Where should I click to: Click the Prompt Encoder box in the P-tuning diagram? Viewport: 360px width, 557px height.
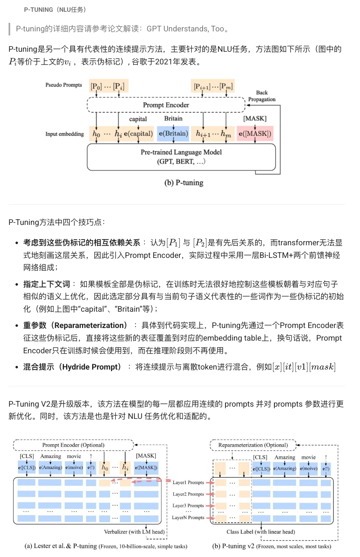166,105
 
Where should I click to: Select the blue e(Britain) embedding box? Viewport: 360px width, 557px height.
173,133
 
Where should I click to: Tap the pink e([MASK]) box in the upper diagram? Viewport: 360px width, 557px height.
254,133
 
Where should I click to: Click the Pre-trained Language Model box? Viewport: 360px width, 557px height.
181,156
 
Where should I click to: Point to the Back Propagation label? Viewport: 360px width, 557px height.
262,96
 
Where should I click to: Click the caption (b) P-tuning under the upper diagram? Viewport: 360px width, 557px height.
183,183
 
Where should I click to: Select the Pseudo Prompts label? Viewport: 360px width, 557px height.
64,85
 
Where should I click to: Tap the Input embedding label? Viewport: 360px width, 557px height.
64,134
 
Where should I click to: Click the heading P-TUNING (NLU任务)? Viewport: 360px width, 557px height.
55,9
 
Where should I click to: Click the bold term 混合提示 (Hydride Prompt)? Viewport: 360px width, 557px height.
73,367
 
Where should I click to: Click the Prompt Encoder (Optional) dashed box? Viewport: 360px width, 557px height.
73,445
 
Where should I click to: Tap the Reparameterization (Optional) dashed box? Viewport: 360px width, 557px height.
253,445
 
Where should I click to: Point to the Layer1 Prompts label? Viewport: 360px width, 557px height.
188,482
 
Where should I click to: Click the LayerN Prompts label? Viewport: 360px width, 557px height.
188,517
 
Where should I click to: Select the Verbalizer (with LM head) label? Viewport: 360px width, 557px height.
135,532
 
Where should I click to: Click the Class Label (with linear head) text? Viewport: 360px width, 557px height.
261,532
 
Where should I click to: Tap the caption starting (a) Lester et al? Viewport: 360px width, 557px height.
106,546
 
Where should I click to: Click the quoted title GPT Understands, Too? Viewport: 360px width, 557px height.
185,29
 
